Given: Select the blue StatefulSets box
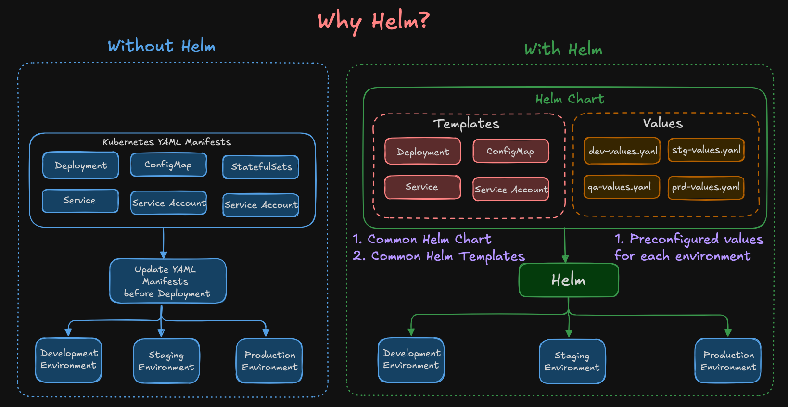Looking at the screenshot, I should pos(261,167).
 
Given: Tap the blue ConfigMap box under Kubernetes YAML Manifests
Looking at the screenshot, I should pos(168,165).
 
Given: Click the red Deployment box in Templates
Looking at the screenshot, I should pos(422,152).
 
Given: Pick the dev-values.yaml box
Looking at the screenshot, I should pos(622,151).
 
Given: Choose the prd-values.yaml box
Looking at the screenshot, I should pos(706,187).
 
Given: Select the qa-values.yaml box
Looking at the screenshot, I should pos(622,187).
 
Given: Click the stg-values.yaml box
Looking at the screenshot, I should pos(706,150).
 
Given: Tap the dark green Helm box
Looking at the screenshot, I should pos(568,280).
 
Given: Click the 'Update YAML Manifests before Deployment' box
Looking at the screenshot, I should pos(167,281).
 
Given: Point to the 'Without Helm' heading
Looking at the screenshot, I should pos(161,46).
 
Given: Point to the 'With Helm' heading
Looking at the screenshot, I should pos(563,50).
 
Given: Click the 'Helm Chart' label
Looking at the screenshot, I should pos(570,99).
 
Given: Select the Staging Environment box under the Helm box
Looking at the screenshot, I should pos(572,362).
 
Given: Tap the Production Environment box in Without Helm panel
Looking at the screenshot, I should pos(269,361).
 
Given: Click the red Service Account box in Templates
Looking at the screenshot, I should pos(511,189).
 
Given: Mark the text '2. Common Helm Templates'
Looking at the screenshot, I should pos(438,256).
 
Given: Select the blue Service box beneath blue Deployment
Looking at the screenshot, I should pos(80,201).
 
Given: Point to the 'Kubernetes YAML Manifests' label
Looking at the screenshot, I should pos(166,142).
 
